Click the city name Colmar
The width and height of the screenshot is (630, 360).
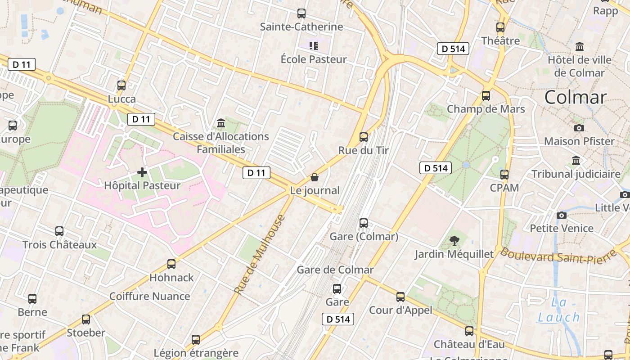click(575, 97)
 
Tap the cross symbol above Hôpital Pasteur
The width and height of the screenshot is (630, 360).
click(142, 172)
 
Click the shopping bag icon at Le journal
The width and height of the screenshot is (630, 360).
click(315, 178)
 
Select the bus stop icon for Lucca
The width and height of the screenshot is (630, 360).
click(121, 85)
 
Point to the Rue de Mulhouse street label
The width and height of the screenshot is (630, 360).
click(260, 255)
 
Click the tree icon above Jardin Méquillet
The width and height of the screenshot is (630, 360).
click(454, 241)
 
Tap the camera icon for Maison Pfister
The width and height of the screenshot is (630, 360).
click(579, 128)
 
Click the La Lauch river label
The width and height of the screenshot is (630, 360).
click(559, 310)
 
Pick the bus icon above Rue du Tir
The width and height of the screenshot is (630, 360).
click(364, 137)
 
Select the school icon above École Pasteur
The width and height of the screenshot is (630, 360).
click(314, 45)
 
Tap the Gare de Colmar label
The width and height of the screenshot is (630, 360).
click(335, 270)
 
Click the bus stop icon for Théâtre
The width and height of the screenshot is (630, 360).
click(500, 27)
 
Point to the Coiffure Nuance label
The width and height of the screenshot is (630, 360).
click(149, 296)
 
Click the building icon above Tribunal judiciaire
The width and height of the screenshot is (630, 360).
click(576, 160)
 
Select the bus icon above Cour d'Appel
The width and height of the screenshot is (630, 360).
click(400, 297)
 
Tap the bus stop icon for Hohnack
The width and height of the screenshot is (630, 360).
click(171, 264)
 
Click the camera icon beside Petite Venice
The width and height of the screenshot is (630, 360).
click(561, 215)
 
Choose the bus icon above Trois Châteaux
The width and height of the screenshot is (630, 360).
click(59, 231)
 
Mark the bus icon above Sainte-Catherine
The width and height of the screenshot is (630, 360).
click(301, 13)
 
